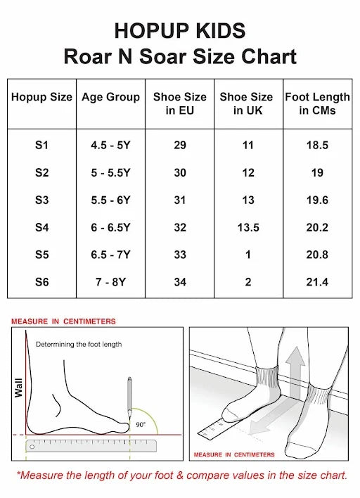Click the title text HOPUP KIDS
pyautogui.click(x=180, y=30)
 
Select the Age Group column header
pyautogui.click(x=110, y=97)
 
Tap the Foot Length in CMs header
pyautogui.click(x=317, y=103)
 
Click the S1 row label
pyautogui.click(x=41, y=146)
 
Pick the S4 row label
pyautogui.click(x=41, y=227)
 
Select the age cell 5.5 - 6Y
pyautogui.click(x=110, y=200)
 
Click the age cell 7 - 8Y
pyautogui.click(x=110, y=281)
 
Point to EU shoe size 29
pyautogui.click(x=179, y=146)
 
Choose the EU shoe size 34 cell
pyautogui.click(x=179, y=281)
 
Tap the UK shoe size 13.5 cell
pyautogui.click(x=247, y=227)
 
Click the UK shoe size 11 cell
pyautogui.click(x=247, y=146)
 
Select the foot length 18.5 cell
pyautogui.click(x=317, y=146)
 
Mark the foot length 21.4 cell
pyautogui.click(x=317, y=281)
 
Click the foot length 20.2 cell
pyautogui.click(x=317, y=227)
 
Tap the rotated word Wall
pyautogui.click(x=19, y=385)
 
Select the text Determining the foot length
pyautogui.click(x=79, y=344)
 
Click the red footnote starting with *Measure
pyautogui.click(x=181, y=475)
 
